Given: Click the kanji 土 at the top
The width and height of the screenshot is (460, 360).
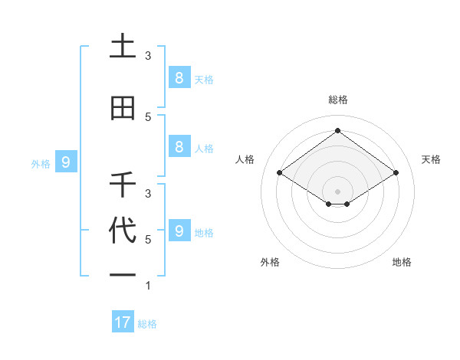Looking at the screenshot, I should click(x=123, y=47).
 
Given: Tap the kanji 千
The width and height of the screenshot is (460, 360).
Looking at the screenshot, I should click(x=123, y=185).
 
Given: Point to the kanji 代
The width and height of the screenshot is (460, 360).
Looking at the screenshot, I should click(x=123, y=231).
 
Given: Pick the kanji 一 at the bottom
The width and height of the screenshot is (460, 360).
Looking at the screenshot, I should click(x=123, y=273).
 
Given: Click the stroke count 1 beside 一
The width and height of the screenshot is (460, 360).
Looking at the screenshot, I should click(x=148, y=286).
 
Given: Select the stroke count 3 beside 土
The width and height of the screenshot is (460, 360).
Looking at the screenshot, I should click(x=148, y=56).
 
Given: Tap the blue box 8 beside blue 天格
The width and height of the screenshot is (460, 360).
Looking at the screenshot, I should click(x=179, y=77).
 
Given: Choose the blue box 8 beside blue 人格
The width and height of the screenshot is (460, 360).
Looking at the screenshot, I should click(x=179, y=147).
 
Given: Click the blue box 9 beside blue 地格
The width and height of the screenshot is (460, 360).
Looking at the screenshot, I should click(x=179, y=231).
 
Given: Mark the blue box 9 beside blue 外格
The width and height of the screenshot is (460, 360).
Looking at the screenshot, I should click(x=67, y=162).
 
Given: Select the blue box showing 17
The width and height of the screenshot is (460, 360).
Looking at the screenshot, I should click(x=123, y=322).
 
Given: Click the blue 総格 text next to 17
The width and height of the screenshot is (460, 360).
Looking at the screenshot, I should click(x=147, y=324).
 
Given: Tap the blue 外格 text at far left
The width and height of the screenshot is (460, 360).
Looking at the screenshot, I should click(x=40, y=163).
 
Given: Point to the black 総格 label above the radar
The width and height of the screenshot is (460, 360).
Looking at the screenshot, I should click(x=337, y=100).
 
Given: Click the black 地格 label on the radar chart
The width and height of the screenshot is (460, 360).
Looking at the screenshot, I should click(x=402, y=262).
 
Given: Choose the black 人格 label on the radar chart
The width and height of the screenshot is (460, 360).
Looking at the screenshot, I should click(x=245, y=159).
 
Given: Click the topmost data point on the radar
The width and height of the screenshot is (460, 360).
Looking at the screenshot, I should click(x=337, y=130).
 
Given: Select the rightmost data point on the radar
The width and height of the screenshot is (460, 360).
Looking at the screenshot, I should click(x=396, y=173).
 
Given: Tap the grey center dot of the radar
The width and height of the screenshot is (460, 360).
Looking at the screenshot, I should click(x=337, y=191).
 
